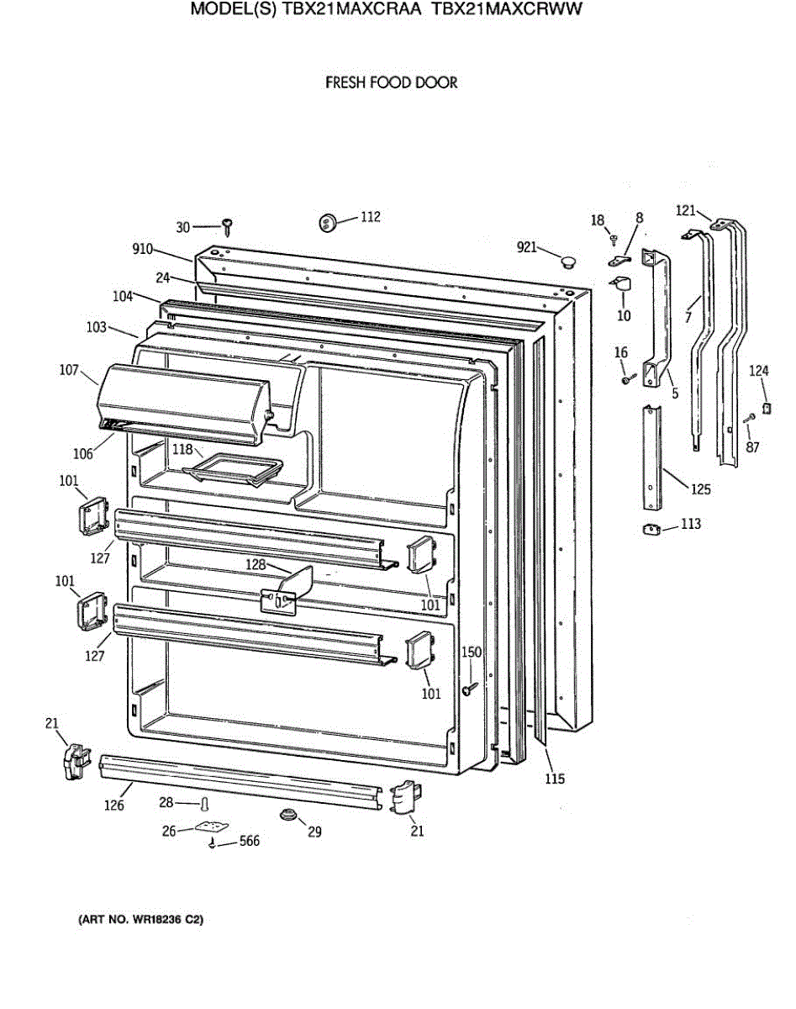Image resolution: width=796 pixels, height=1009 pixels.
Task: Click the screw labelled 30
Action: pos(227,225)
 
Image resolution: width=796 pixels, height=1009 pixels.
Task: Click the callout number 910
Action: pos(142,249)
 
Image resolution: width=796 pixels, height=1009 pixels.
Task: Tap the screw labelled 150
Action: pos(467,689)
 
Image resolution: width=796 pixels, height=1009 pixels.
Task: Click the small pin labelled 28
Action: pos(203,805)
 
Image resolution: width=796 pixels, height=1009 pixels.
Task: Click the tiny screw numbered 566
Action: pos(214,842)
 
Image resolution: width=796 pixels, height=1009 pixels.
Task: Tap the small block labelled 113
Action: pos(650,529)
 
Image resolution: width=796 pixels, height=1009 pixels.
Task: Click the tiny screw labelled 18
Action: pos(614,239)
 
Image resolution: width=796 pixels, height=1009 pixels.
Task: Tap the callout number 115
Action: pos(554,779)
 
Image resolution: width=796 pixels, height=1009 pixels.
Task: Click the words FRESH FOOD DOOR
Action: pos(391,82)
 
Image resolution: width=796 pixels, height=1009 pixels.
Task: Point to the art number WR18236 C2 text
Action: pos(140,920)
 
